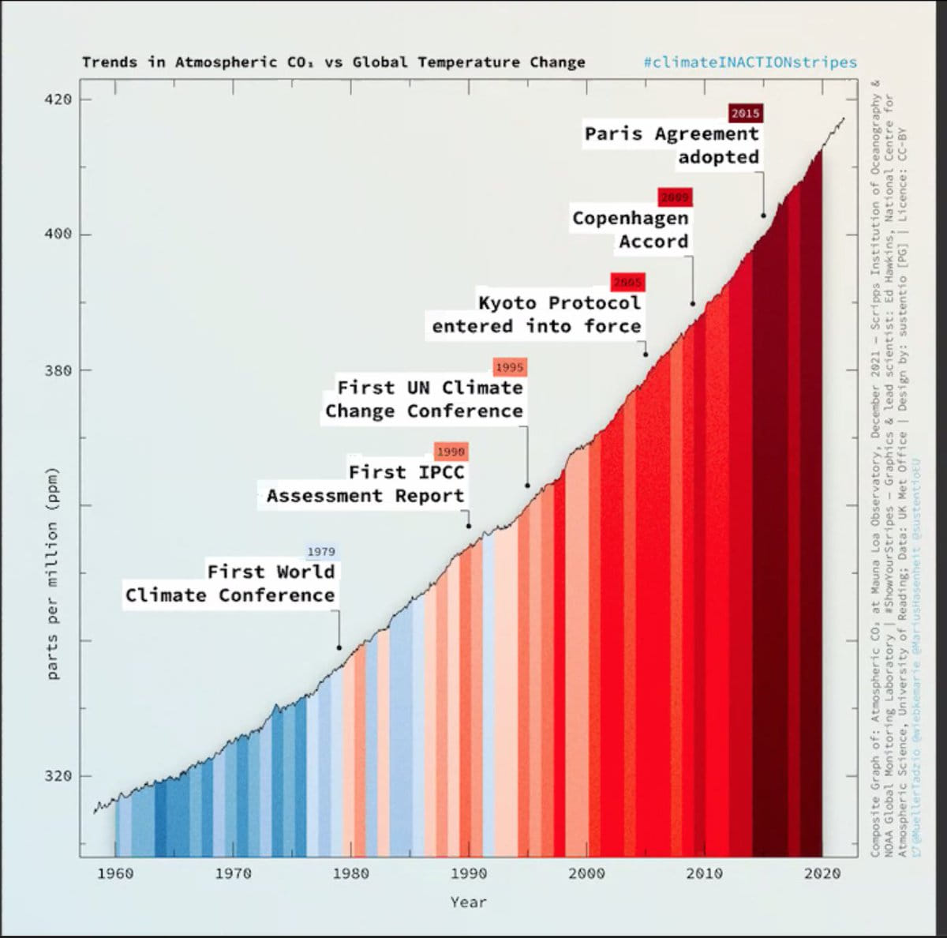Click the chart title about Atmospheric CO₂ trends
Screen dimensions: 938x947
click(x=333, y=62)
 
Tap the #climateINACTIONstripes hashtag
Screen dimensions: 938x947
click(x=750, y=62)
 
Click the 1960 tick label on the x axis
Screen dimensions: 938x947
click(x=115, y=873)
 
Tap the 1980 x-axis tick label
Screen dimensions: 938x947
click(x=350, y=873)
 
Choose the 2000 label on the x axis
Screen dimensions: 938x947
click(x=586, y=873)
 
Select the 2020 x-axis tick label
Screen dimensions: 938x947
click(x=822, y=873)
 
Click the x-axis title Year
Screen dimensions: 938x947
click(x=469, y=902)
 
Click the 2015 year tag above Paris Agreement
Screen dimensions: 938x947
click(x=745, y=113)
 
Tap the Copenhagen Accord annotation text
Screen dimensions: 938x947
click(x=631, y=229)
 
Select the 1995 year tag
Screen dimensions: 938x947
click(x=509, y=367)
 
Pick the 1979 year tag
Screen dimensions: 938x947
click(x=321, y=552)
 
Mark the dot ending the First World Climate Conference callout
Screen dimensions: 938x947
click(x=339, y=647)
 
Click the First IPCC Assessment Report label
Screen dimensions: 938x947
click(x=366, y=484)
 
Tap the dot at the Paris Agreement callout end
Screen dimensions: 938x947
click(x=763, y=215)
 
